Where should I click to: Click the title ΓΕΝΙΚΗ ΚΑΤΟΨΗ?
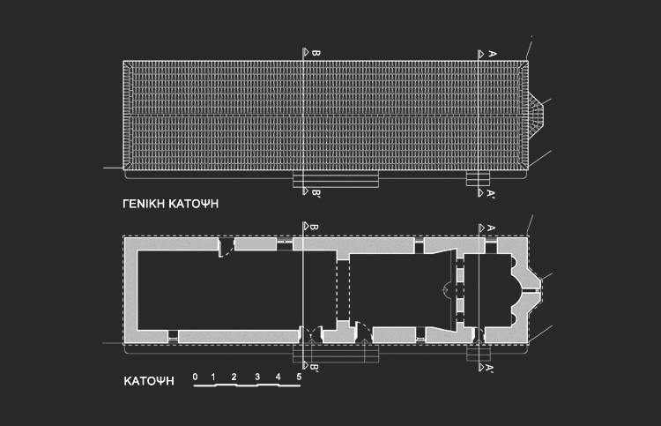point(170,204)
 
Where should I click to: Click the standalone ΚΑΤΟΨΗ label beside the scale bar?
point(148,382)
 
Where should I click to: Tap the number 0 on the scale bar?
point(195,377)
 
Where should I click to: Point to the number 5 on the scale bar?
point(300,377)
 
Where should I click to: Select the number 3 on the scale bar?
point(256,377)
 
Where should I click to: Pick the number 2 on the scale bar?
point(234,377)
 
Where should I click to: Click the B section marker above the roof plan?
point(310,54)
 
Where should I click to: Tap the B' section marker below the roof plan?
point(311,191)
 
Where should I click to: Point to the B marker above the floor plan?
point(310,227)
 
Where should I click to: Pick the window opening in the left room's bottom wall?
point(174,336)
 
